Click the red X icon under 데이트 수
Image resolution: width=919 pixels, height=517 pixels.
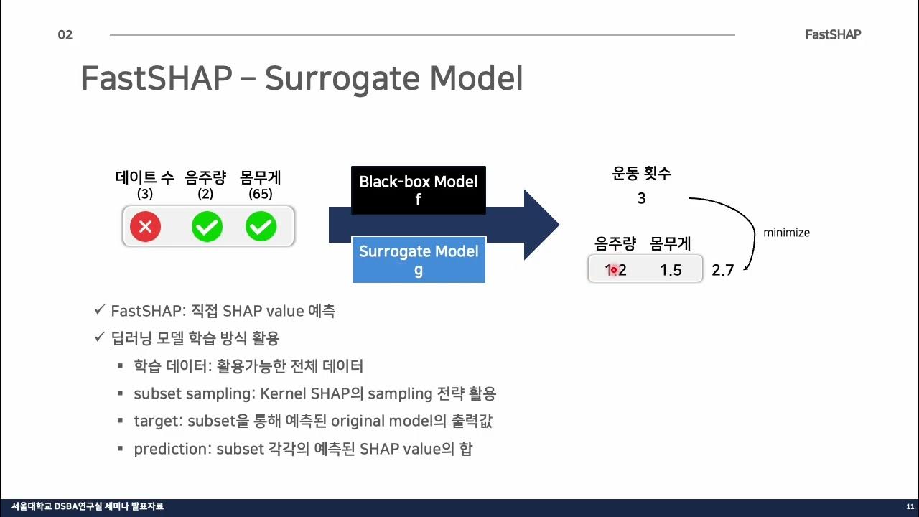coord(145,228)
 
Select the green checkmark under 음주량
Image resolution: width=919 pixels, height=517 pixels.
coord(207,228)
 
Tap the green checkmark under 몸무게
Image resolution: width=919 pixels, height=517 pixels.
coord(261,228)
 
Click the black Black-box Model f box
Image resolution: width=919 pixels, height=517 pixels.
coord(418,190)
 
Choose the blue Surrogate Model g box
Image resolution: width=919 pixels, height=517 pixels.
coord(419,260)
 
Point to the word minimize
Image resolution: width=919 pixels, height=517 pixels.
coord(786,233)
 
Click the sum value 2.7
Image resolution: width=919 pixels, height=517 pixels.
coord(722,271)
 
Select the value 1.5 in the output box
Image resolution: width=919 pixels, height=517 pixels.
coord(670,271)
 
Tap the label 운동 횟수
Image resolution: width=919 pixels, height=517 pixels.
coord(641,174)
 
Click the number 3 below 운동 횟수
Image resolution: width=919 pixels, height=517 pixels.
coord(641,199)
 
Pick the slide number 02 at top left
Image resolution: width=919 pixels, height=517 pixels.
coord(65,35)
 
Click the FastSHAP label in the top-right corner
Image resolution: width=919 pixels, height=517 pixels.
coord(833,34)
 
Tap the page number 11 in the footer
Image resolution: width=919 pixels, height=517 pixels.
coord(910,507)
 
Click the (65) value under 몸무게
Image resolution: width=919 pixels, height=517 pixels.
coord(260,194)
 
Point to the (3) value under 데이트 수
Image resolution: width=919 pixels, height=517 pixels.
coord(145,194)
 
